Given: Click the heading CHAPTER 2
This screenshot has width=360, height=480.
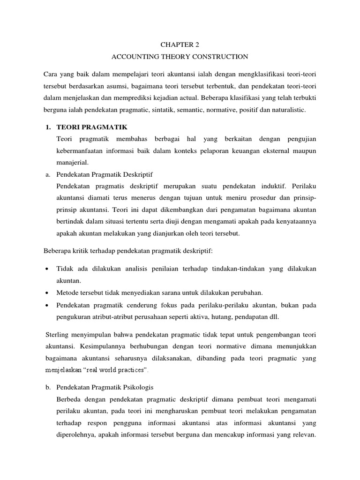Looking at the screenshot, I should click(180, 45).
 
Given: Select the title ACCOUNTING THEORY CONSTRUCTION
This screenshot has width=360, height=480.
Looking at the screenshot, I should click(180, 57).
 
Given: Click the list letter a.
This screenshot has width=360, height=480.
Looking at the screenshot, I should click(48, 175).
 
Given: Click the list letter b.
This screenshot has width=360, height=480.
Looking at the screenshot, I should click(48, 388).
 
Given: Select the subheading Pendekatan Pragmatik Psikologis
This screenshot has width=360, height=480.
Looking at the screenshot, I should click(105, 388).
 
